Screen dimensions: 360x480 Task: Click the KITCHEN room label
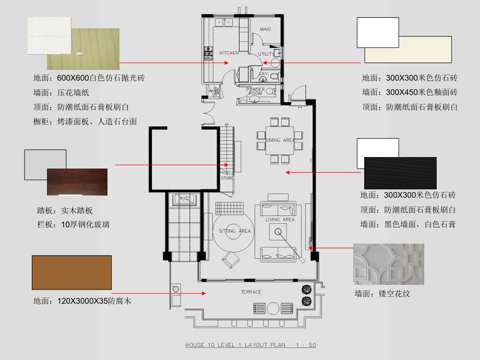tap(229, 53)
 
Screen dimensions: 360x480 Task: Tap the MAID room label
tap(266, 29)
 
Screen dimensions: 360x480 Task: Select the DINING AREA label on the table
tap(280, 140)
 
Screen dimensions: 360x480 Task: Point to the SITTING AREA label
tap(234, 231)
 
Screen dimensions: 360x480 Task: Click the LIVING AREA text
tap(280, 220)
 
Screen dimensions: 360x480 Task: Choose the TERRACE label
tap(251, 292)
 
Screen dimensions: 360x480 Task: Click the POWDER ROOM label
tap(255, 91)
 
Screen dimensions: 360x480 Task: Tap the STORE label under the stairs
tap(227, 178)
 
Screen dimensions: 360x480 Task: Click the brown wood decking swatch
tap(72, 272)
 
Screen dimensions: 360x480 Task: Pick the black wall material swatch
tap(400, 173)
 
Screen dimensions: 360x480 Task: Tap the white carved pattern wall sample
tap(388, 264)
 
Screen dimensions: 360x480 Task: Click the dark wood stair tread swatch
tap(77, 182)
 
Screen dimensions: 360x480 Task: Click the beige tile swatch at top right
tap(408, 50)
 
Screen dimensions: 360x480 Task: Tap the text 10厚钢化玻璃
tap(86, 225)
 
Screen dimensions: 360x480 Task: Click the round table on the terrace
tap(273, 308)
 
